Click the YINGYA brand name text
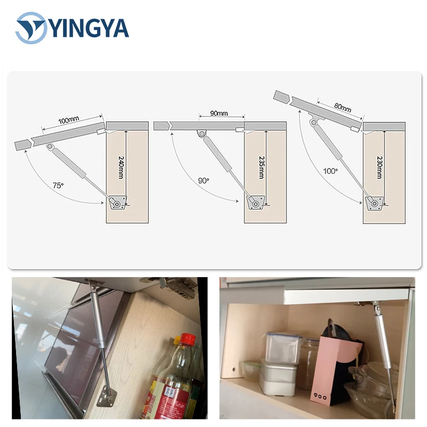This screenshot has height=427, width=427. pyautogui.click(x=89, y=27)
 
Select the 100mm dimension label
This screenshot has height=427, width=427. pyautogui.click(x=68, y=121)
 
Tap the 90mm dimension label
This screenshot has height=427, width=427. pyautogui.click(x=218, y=113)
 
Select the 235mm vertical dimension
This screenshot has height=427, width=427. pyautogui.click(x=260, y=167)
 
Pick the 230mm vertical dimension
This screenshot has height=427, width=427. pyautogui.click(x=379, y=167)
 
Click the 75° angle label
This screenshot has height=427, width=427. pyautogui.click(x=58, y=185)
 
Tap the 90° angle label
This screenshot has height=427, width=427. pyautogui.click(x=203, y=180)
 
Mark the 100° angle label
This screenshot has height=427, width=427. pyautogui.click(x=330, y=171)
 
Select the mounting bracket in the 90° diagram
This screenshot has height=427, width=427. pyautogui.click(x=255, y=202)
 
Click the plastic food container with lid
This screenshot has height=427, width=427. pyautogui.click(x=282, y=348)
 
